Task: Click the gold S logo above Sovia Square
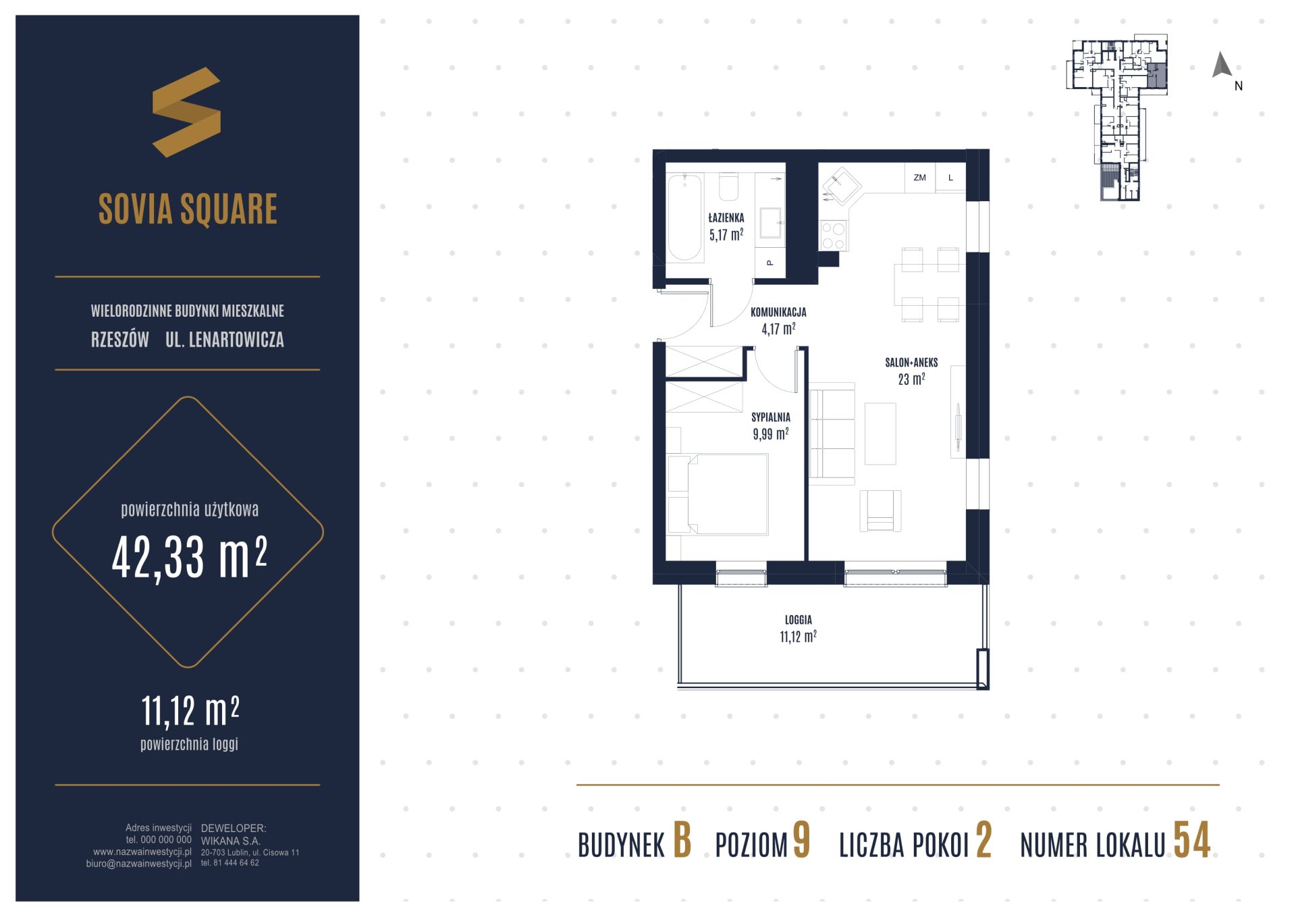pyautogui.click(x=186, y=112)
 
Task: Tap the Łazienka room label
pyautogui.click(x=726, y=218)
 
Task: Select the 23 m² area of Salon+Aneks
pyautogui.click(x=911, y=379)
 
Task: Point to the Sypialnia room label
pyautogui.click(x=771, y=417)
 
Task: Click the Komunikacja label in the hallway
pyautogui.click(x=778, y=312)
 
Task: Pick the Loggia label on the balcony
pyautogui.click(x=799, y=619)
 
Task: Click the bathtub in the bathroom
pyautogui.click(x=685, y=217)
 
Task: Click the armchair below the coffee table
pyautogui.click(x=880, y=511)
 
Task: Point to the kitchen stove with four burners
pyautogui.click(x=834, y=236)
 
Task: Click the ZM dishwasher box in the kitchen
pyautogui.click(x=919, y=178)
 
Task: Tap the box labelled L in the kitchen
pyautogui.click(x=950, y=178)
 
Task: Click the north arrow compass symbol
pyautogui.click(x=1222, y=65)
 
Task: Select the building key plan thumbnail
pyautogui.click(x=1117, y=118)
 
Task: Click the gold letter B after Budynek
pyautogui.click(x=682, y=841)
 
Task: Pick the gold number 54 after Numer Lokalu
pyautogui.click(x=1192, y=841)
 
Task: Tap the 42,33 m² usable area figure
pyautogui.click(x=190, y=557)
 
